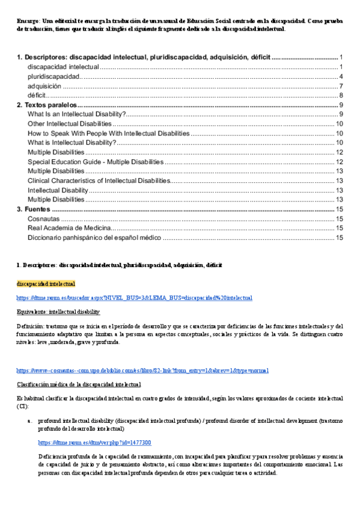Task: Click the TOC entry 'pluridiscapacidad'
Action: coord(53,76)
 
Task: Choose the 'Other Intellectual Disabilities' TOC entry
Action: coord(70,124)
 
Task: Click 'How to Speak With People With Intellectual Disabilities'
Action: coord(109,134)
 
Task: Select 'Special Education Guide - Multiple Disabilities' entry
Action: coord(95,162)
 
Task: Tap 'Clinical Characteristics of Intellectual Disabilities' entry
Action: coord(99,180)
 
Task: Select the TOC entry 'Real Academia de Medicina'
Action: coord(69,228)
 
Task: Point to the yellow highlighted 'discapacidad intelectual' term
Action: coord(46,283)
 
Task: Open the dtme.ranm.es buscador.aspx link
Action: coord(134,297)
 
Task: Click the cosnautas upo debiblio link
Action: coord(142,370)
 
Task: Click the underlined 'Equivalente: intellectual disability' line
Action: coord(58,312)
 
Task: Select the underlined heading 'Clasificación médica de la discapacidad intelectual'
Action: coord(79,384)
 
